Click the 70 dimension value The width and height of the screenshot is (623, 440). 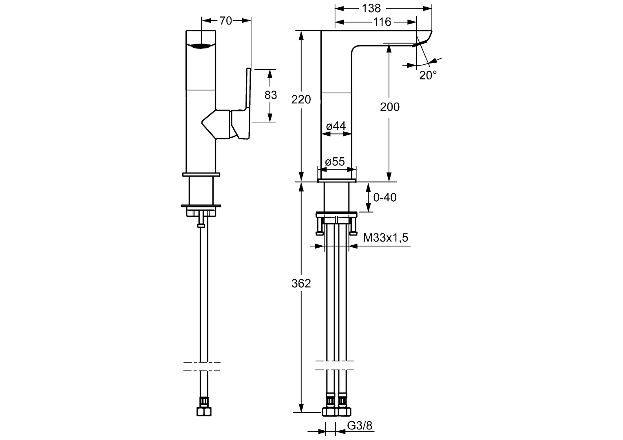[x=225, y=20]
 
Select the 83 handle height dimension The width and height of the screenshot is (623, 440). [x=270, y=95]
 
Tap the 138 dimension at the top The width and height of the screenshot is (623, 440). [x=371, y=8]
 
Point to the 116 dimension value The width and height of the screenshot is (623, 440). [x=382, y=22]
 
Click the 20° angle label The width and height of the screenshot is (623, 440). [x=428, y=75]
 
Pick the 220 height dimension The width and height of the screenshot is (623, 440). [x=301, y=99]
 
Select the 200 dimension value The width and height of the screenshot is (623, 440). [x=389, y=107]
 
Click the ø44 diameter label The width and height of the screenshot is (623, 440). [x=336, y=126]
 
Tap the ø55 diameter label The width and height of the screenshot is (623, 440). [x=335, y=162]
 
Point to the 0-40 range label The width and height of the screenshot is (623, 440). [x=384, y=198]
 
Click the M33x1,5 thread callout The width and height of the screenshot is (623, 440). [x=385, y=238]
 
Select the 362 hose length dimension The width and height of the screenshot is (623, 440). [x=301, y=284]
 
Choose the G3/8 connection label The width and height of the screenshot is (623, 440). [x=359, y=426]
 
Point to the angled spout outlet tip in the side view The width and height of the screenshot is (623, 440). [x=420, y=42]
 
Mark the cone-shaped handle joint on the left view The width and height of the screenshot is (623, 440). [x=214, y=124]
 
